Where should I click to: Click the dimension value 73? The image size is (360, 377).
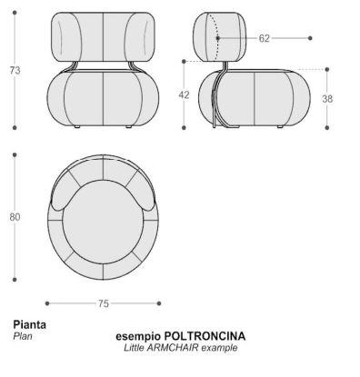click(x=15, y=70)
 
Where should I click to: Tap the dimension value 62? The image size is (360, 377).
click(x=264, y=38)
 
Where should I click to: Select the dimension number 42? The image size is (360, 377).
click(x=184, y=94)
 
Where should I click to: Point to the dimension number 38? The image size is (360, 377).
click(x=327, y=99)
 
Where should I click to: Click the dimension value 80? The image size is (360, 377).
click(x=15, y=217)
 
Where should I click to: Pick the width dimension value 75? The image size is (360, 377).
click(x=103, y=303)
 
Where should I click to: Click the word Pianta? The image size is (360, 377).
click(x=29, y=325)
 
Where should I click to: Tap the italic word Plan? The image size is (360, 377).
click(x=23, y=336)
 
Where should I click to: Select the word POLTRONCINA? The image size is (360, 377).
click(x=205, y=336)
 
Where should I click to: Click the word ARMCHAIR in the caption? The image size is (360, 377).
click(x=173, y=348)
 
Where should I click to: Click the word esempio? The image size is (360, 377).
click(x=138, y=337)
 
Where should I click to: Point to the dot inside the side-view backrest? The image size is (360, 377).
click(x=218, y=38)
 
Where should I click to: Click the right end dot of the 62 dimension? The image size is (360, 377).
click(x=310, y=38)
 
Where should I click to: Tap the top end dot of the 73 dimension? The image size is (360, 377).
click(x=15, y=13)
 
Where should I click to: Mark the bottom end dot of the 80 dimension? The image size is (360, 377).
click(x=15, y=280)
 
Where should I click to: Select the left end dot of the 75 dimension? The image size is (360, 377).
click(x=47, y=303)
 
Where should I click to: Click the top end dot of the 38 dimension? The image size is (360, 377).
click(x=327, y=69)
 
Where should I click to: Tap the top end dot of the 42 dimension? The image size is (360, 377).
click(x=184, y=62)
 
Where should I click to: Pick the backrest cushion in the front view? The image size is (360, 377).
click(x=103, y=36)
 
